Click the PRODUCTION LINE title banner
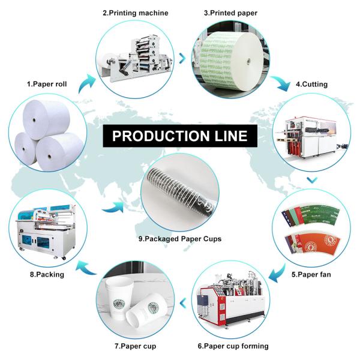tap(179, 136)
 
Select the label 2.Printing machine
tap(135, 13)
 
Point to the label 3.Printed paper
tap(230, 13)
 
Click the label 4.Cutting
tap(311, 84)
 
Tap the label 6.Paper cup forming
tap(233, 346)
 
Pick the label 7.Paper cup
tap(136, 346)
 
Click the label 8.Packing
tap(48, 274)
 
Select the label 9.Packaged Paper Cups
tap(179, 238)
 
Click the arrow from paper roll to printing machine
tap(88, 80)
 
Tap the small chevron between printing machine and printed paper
tap(182, 58)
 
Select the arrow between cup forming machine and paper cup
tap(181, 300)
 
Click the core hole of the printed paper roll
tap(248, 61)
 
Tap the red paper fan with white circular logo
tap(311, 245)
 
